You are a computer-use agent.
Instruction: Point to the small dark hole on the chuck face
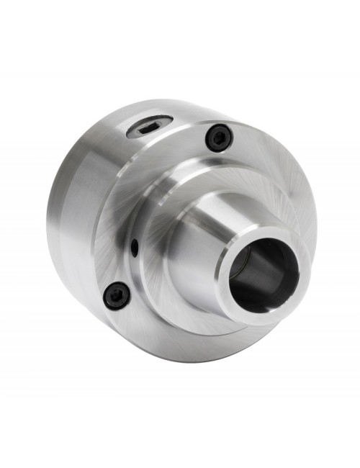pos(135,247)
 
